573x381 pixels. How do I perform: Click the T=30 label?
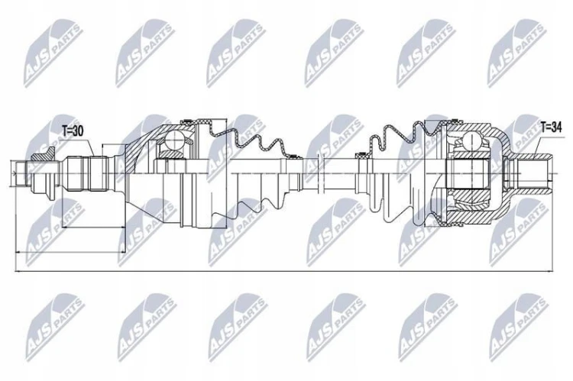coord(73,131)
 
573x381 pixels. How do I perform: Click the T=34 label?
coord(551,127)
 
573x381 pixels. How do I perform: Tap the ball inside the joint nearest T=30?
coord(174,140)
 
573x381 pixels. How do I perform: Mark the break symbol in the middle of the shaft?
coord(320,173)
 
